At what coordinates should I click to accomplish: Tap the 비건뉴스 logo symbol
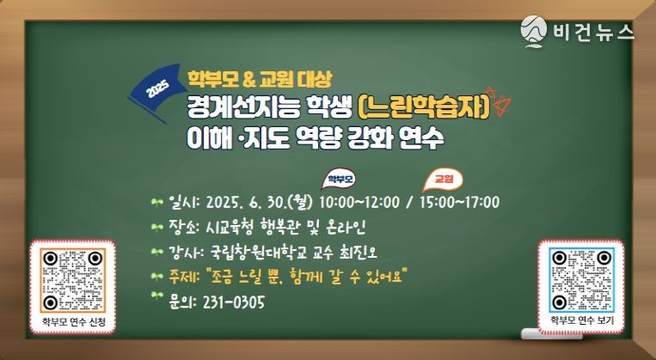[533, 31]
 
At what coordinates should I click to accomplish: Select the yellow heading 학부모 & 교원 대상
[260, 79]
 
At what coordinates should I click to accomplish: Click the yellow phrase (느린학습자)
[424, 108]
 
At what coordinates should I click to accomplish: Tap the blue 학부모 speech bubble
[339, 180]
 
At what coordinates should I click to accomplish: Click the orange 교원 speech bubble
[443, 180]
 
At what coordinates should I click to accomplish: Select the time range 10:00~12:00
[359, 203]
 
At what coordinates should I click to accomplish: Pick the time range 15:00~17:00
[459, 203]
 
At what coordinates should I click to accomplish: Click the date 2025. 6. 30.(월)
[260, 203]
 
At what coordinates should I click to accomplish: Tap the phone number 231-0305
[234, 302]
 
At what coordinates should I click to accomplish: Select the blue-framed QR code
[581, 279]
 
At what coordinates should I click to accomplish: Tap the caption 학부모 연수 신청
[74, 322]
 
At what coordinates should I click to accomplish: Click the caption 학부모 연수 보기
[581, 320]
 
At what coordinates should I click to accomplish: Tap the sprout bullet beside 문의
[157, 296]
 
